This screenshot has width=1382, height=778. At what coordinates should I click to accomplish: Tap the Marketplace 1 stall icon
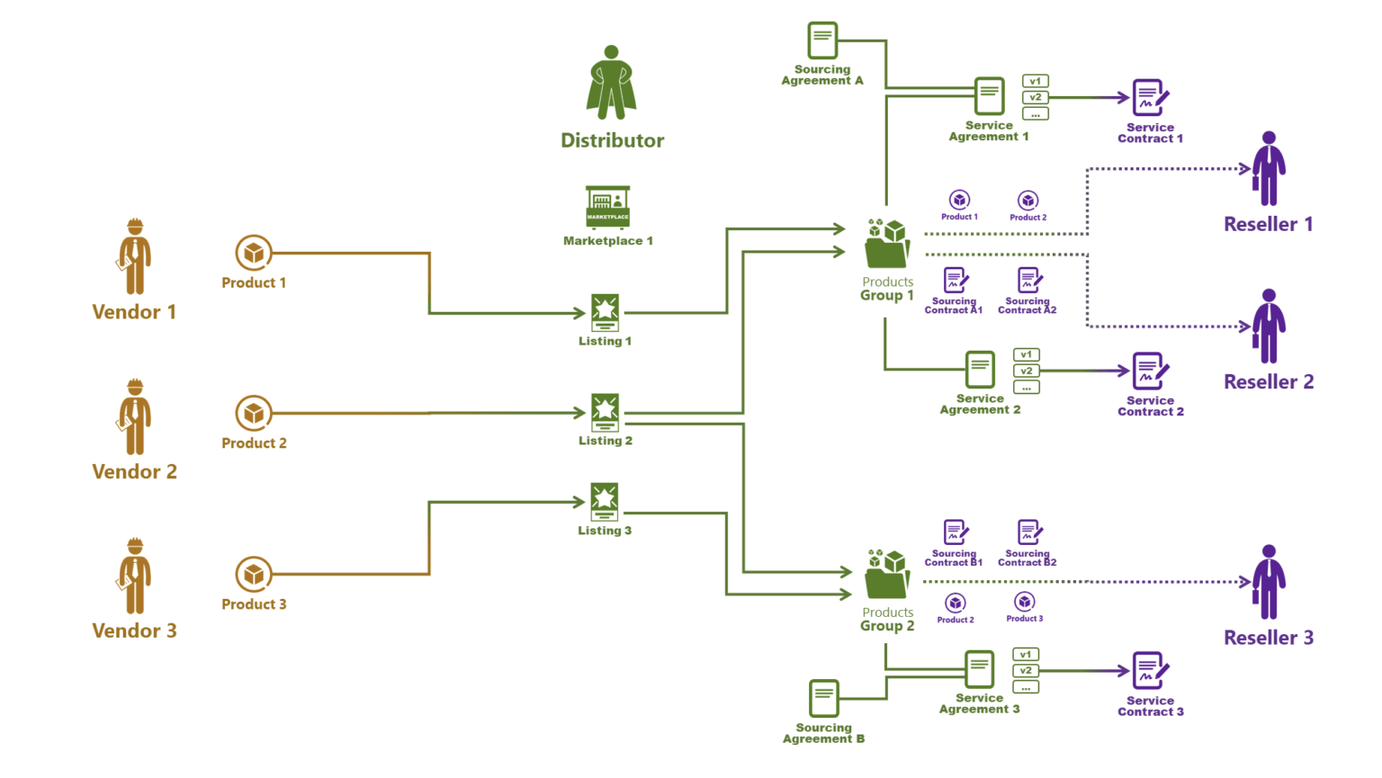(607, 207)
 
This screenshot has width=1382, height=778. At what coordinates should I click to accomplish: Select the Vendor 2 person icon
(135, 417)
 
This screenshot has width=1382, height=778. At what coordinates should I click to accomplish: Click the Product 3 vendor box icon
(254, 574)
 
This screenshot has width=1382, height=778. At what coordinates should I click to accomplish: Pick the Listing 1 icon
(605, 312)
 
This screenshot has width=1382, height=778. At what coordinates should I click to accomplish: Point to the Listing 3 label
(605, 531)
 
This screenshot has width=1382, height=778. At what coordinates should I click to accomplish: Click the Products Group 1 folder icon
(887, 244)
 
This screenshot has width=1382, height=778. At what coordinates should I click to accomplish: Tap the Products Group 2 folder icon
(887, 575)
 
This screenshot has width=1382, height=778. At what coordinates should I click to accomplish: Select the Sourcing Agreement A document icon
(822, 41)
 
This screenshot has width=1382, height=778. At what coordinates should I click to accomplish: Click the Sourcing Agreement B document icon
(824, 699)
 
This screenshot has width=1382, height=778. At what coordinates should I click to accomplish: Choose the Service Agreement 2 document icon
(980, 370)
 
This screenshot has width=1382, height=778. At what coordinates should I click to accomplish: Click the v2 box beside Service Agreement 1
(1036, 97)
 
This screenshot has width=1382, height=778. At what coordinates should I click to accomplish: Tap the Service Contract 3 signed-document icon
(1150, 671)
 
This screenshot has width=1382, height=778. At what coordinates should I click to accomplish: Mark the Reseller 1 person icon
(1269, 169)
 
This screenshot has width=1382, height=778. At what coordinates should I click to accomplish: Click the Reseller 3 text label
(1269, 638)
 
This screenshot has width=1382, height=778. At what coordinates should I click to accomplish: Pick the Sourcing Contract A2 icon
(1029, 280)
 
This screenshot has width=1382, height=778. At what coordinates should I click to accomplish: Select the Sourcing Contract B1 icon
(956, 532)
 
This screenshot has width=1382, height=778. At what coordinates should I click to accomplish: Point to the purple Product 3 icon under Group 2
(1025, 602)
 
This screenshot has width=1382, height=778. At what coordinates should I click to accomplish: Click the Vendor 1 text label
(134, 312)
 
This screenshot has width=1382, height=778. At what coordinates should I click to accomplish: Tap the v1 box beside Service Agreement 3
(1026, 655)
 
